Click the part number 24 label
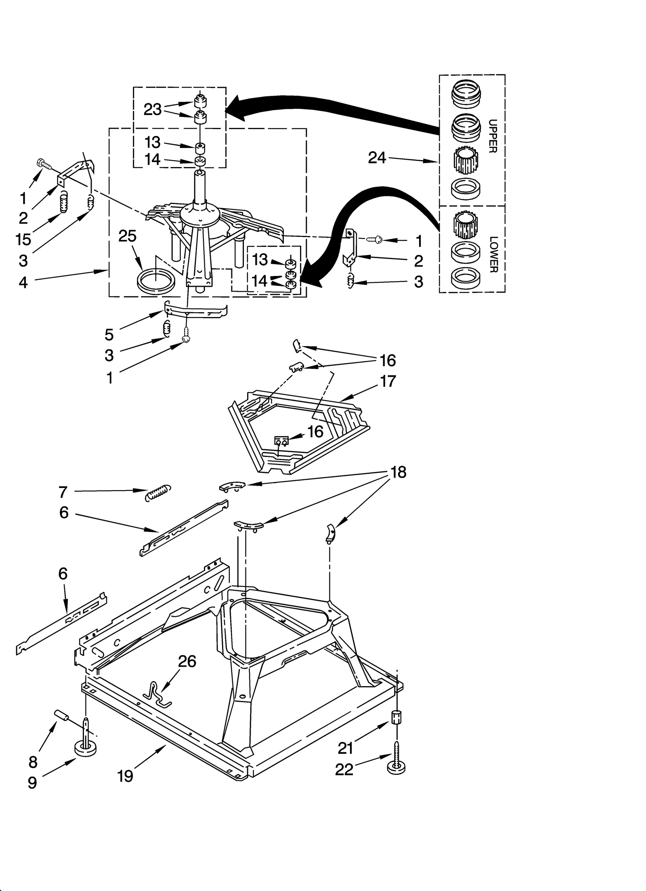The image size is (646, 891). [x=377, y=158]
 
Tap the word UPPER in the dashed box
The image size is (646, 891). [x=493, y=136]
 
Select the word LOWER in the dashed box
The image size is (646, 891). [x=493, y=254]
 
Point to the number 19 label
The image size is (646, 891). [x=125, y=776]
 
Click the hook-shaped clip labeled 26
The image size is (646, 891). [x=158, y=695]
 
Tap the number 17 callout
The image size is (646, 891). [x=388, y=381]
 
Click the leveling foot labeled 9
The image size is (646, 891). [x=86, y=749]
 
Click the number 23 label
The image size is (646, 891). [x=153, y=109]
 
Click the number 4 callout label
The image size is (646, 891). [x=23, y=282]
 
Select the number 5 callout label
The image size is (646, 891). [x=109, y=334]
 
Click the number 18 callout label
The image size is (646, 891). [x=398, y=472]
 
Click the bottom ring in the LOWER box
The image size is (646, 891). [x=465, y=277]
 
